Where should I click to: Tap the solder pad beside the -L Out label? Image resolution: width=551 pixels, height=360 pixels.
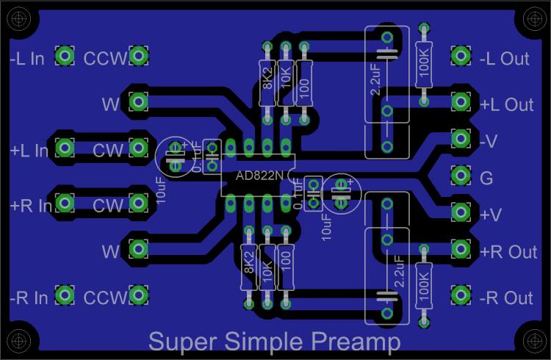461,55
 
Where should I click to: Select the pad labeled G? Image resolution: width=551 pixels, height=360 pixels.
461,176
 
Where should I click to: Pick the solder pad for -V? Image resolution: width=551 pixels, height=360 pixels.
461,138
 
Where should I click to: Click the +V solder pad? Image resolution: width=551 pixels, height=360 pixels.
461,213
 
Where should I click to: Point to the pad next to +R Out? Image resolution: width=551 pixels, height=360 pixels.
461,250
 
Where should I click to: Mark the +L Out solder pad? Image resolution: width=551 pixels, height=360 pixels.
461,101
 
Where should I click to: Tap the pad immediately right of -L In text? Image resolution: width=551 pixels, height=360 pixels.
65,56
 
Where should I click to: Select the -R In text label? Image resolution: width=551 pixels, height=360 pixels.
29,298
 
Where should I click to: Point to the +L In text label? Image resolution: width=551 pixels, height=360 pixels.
29,151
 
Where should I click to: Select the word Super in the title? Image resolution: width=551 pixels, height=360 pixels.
181,342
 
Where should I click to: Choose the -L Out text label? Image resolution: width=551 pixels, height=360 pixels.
505,59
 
